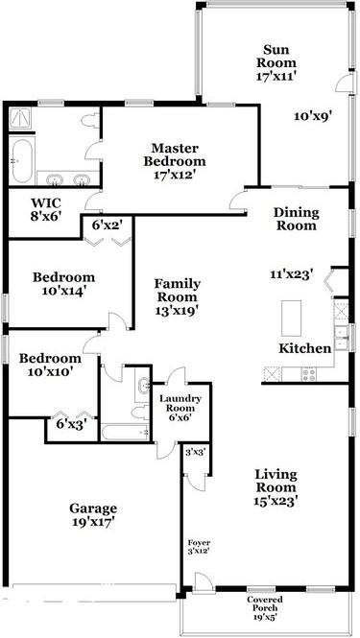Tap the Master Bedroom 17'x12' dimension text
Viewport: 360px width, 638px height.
point(175,175)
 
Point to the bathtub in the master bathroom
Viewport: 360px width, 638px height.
point(21,161)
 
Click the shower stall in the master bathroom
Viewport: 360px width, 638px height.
point(21,118)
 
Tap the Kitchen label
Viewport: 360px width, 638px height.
point(305,348)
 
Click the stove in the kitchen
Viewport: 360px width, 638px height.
point(308,373)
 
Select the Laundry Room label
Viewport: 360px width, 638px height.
point(180,403)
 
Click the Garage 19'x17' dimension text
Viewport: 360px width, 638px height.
point(93,521)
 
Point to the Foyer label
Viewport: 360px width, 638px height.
point(199,543)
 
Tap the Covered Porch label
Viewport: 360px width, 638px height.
point(265,603)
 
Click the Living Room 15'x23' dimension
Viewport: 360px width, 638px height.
point(276,501)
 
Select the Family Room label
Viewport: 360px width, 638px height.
point(178,290)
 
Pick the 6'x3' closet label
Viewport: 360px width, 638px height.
point(72,424)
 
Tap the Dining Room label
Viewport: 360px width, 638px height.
point(297,219)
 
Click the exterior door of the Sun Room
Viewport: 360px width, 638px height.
point(344,83)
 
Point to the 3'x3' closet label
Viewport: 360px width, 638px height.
point(195,452)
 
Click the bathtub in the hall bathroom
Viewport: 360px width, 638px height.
point(125,432)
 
